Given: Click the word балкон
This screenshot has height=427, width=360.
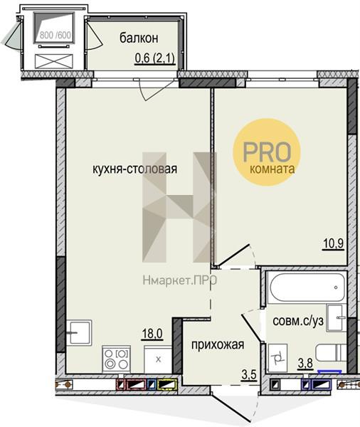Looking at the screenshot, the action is point(139,38).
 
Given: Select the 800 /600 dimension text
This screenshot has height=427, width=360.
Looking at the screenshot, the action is point(55,35).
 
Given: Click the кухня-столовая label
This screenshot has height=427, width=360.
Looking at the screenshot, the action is point(134,169).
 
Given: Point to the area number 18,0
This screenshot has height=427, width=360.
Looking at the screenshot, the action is point(152,334).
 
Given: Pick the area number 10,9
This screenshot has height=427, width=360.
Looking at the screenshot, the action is point(334,243).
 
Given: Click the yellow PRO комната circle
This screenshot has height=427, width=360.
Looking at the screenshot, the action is point(267,152).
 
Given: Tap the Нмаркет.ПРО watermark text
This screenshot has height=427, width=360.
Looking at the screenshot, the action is point(180,280).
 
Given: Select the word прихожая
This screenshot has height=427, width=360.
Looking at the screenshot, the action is point(218,344).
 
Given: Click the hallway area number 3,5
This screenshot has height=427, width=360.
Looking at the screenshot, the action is point(249,375).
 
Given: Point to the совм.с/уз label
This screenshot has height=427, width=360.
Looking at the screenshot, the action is point(298,321).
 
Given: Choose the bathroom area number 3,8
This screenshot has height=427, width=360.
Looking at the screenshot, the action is point(305,364).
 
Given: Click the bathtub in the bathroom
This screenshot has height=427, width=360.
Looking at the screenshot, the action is point(307,288).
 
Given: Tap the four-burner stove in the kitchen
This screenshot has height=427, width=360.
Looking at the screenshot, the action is point(116,359).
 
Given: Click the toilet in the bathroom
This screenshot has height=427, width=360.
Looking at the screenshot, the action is point(331,353).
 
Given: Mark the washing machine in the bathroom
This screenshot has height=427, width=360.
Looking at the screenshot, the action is point(277,358).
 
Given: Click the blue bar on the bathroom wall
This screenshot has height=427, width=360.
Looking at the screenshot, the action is point(330,371).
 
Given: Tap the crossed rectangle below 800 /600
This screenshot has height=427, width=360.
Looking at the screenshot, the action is point(54,61).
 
